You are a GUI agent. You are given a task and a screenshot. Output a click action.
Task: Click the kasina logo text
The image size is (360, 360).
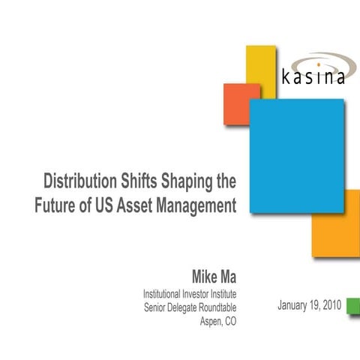[x=314, y=77]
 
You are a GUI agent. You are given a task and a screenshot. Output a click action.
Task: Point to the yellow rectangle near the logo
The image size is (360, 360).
[x=260, y=63]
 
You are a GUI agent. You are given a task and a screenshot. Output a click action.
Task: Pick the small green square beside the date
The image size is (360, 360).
[x=353, y=306]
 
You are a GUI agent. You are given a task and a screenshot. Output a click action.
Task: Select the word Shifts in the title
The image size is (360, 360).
[x=139, y=181]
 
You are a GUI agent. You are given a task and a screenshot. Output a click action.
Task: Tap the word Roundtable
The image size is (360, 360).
[x=212, y=307]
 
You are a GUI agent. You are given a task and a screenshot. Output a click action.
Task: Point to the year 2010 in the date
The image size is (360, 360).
[x=327, y=306]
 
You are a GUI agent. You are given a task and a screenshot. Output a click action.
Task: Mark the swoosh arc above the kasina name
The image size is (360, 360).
[x=319, y=60]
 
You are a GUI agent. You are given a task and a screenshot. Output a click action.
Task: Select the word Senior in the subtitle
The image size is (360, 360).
[x=158, y=307]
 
